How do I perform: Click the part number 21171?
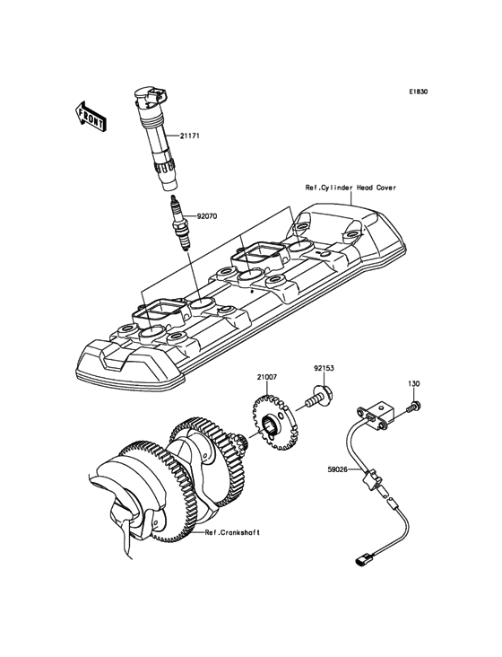click(190, 136)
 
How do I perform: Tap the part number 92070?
click(207, 216)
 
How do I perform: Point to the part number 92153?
click(325, 368)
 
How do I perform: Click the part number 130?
click(414, 383)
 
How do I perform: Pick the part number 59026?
click(338, 469)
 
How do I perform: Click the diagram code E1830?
click(419, 92)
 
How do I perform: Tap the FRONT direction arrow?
click(91, 117)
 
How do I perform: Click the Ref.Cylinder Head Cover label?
click(351, 188)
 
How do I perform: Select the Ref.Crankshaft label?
click(232, 532)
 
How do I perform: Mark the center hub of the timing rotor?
click(268, 426)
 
